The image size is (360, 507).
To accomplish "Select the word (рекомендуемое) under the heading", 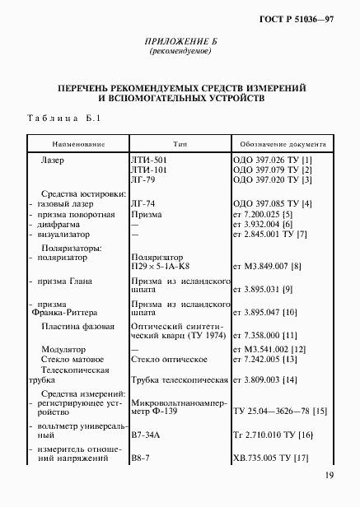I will coord(180,52).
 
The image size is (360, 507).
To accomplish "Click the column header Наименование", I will coord(77,143).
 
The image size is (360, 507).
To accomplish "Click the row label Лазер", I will coord(52,159).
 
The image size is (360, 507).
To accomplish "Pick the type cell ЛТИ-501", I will coord(148,159).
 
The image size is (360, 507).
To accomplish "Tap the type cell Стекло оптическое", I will coord(169,359).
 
